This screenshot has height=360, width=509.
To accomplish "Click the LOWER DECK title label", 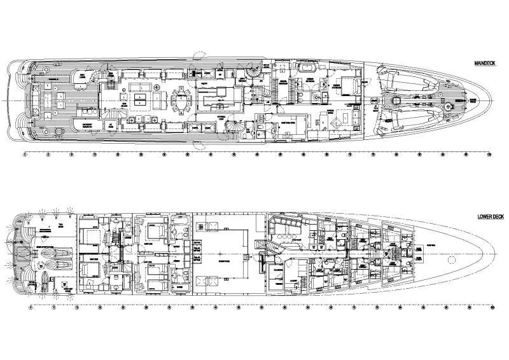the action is coord(490,216).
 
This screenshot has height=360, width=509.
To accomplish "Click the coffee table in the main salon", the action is coord(141,98).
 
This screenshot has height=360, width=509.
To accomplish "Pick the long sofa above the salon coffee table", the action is coord(141,86).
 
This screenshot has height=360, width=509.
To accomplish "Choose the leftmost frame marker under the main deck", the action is coord(24,155).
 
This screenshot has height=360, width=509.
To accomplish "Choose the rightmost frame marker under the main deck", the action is coord(489,155).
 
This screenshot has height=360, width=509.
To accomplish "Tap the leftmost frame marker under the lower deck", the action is coord(31,309).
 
